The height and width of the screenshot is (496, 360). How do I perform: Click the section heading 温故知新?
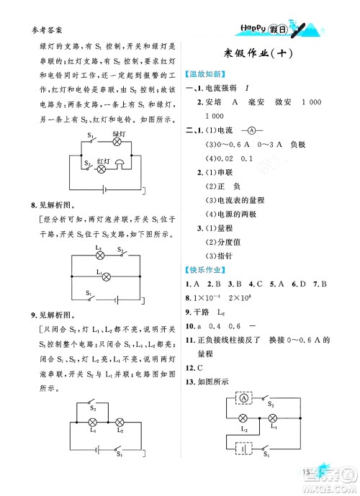207,73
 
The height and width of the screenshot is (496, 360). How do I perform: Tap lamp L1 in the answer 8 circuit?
99,276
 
